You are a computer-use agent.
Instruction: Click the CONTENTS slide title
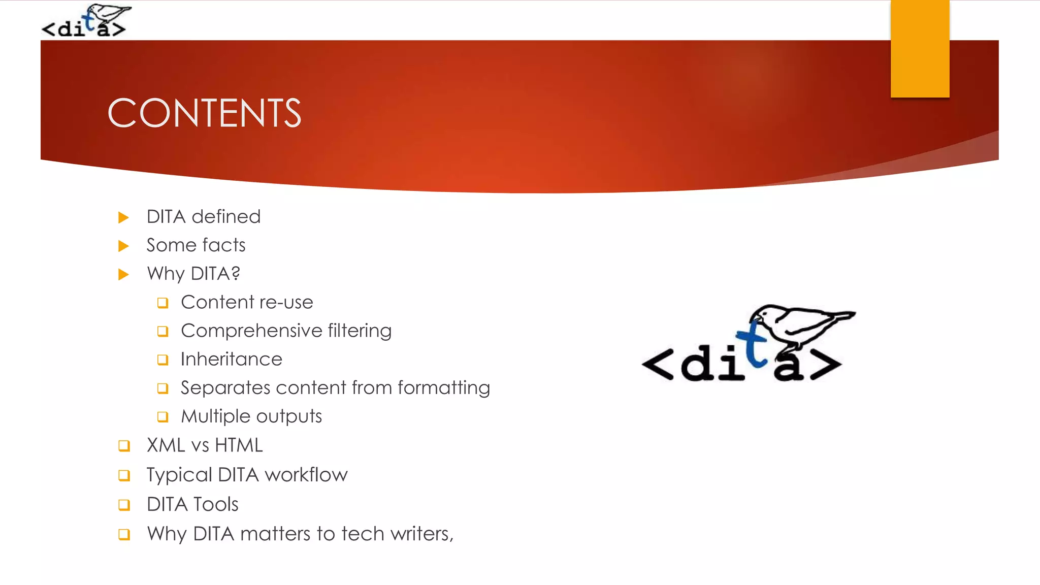pyautogui.click(x=204, y=113)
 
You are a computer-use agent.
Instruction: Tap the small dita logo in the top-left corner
pyautogui.click(x=85, y=21)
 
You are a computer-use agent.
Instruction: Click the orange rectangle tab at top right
pyautogui.click(x=920, y=48)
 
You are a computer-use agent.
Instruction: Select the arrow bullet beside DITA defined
pyautogui.click(x=123, y=218)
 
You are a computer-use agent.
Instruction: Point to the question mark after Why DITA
pyautogui.click(x=235, y=273)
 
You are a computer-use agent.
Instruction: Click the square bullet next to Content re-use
pyautogui.click(x=162, y=303)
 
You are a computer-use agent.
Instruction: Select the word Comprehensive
pyautogui.click(x=251, y=331)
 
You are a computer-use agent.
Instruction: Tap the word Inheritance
pyautogui.click(x=231, y=360)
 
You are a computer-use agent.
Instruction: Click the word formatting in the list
pyautogui.click(x=443, y=388)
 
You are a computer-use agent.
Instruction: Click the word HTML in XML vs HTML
pyautogui.click(x=239, y=445)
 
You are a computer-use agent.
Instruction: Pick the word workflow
pyautogui.click(x=306, y=475)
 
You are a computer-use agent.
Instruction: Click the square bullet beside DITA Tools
pyautogui.click(x=124, y=505)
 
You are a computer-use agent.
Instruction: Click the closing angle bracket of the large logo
pyautogui.click(x=826, y=364)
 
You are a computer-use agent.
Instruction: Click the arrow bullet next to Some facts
pyautogui.click(x=123, y=246)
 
